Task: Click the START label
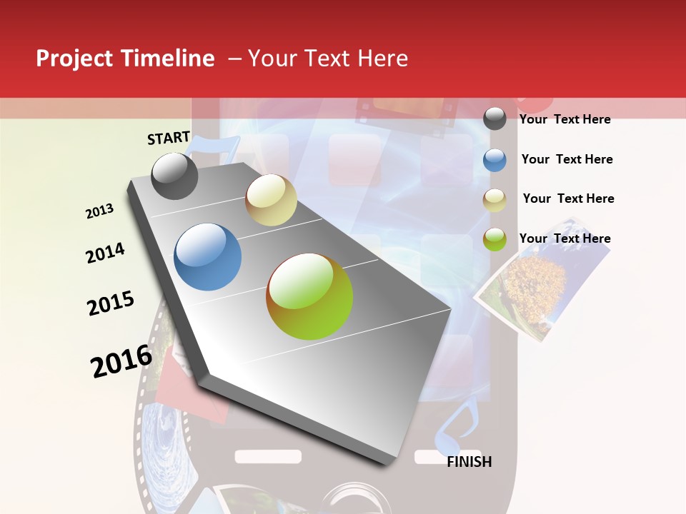169,138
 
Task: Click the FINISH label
469,462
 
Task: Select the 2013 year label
100,211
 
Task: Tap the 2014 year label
105,253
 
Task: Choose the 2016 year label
121,361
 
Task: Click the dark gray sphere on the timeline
174,176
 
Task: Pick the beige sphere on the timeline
271,200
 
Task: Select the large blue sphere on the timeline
208,257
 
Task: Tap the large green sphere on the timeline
309,296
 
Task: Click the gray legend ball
494,119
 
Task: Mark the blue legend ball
494,160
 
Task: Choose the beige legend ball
494,200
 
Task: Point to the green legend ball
494,239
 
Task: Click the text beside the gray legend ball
565,119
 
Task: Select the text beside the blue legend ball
567,159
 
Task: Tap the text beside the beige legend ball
568,198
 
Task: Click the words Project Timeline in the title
125,59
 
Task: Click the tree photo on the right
532,286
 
